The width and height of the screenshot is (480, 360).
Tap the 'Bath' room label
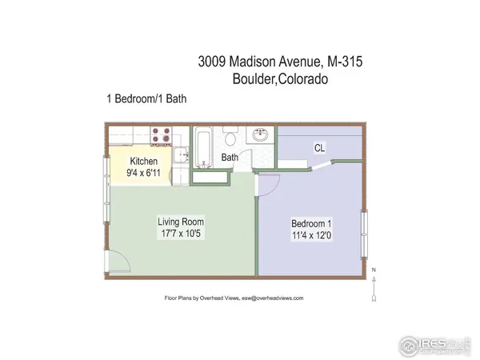pyautogui.click(x=230, y=158)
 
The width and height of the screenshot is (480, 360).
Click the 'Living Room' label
pyautogui.click(x=180, y=222)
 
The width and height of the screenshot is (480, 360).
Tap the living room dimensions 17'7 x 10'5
pyautogui.click(x=180, y=234)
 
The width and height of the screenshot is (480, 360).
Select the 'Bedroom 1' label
pyautogui.click(x=308, y=225)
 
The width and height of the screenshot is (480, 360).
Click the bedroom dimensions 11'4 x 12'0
pyautogui.click(x=308, y=237)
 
